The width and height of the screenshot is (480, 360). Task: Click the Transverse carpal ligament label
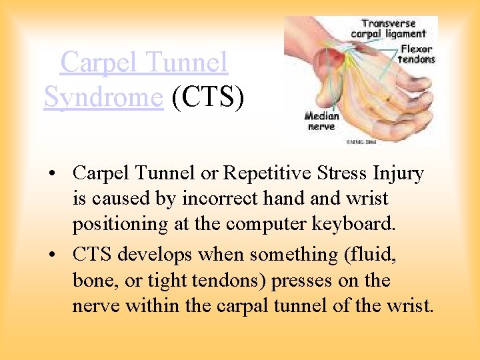[x=394, y=29]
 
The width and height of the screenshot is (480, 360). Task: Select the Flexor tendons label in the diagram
[x=416, y=53]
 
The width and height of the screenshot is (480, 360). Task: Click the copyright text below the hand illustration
[x=360, y=142]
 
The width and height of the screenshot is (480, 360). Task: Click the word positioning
[x=121, y=224]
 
